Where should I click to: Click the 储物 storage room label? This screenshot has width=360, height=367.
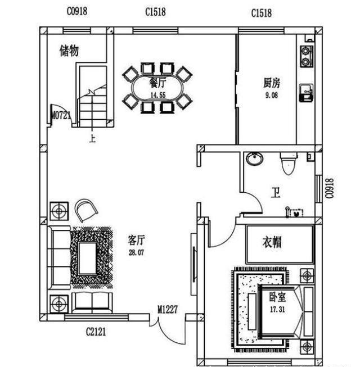(69, 51)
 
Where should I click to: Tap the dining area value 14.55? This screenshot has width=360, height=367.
(158, 95)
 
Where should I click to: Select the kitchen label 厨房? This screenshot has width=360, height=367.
(272, 83)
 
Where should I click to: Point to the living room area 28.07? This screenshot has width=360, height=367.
(136, 252)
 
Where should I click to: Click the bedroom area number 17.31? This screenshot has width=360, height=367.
(277, 310)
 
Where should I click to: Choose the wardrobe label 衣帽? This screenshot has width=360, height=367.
(272, 242)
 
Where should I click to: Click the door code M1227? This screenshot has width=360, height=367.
(168, 310)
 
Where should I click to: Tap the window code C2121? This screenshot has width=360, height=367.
(96, 332)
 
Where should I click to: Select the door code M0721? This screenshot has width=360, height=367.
(61, 115)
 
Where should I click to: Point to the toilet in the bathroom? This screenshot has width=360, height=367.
(289, 164)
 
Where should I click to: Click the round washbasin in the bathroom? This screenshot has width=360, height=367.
(255, 158)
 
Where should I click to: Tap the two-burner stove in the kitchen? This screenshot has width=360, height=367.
(307, 56)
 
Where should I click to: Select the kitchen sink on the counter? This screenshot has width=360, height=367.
(307, 93)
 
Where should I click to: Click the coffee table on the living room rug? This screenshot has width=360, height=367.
(88, 258)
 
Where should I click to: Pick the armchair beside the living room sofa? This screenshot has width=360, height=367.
(86, 210)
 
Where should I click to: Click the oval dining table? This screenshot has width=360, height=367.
(157, 88)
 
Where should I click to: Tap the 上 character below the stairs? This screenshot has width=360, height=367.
(92, 139)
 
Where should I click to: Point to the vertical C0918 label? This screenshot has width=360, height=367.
(330, 188)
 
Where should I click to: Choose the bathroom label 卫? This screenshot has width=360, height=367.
(276, 192)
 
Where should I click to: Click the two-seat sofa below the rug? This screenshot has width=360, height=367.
(92, 302)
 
